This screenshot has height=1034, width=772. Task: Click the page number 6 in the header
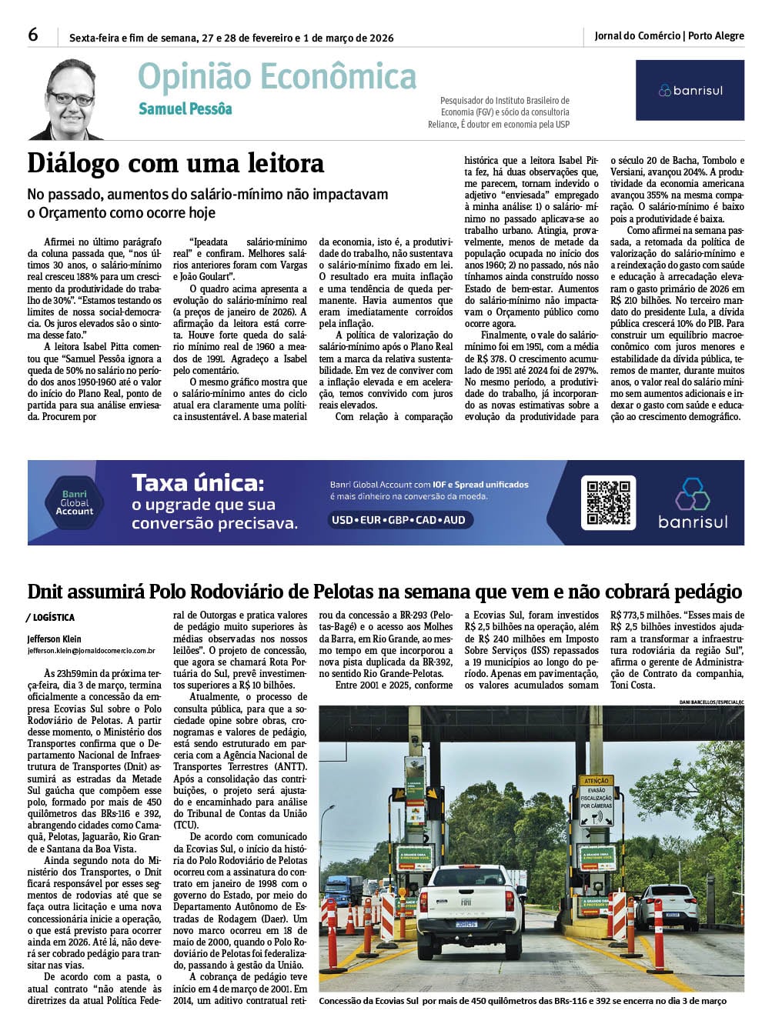pos(33,35)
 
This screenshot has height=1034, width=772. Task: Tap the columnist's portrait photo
pos(68,100)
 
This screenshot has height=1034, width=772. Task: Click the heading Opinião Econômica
pos(277,77)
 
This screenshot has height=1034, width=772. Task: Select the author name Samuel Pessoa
pos(185,109)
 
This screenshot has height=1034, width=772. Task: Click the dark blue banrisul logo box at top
pos(690,90)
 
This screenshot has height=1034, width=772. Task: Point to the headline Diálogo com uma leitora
pos(175,163)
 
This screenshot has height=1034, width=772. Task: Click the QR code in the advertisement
pos(608,502)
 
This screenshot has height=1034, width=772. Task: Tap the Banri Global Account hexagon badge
pos(74,502)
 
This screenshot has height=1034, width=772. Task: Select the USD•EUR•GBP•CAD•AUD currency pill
pos(399,520)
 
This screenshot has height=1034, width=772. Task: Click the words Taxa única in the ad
pos(198,483)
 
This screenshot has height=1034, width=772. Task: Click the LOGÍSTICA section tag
pos(52,618)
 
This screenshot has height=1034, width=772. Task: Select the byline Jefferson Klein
pos(54,639)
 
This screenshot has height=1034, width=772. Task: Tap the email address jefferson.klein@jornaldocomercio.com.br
pos(91,651)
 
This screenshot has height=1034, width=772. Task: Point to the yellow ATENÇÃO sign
pos(597,780)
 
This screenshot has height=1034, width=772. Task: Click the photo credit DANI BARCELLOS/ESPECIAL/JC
pos(711,702)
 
